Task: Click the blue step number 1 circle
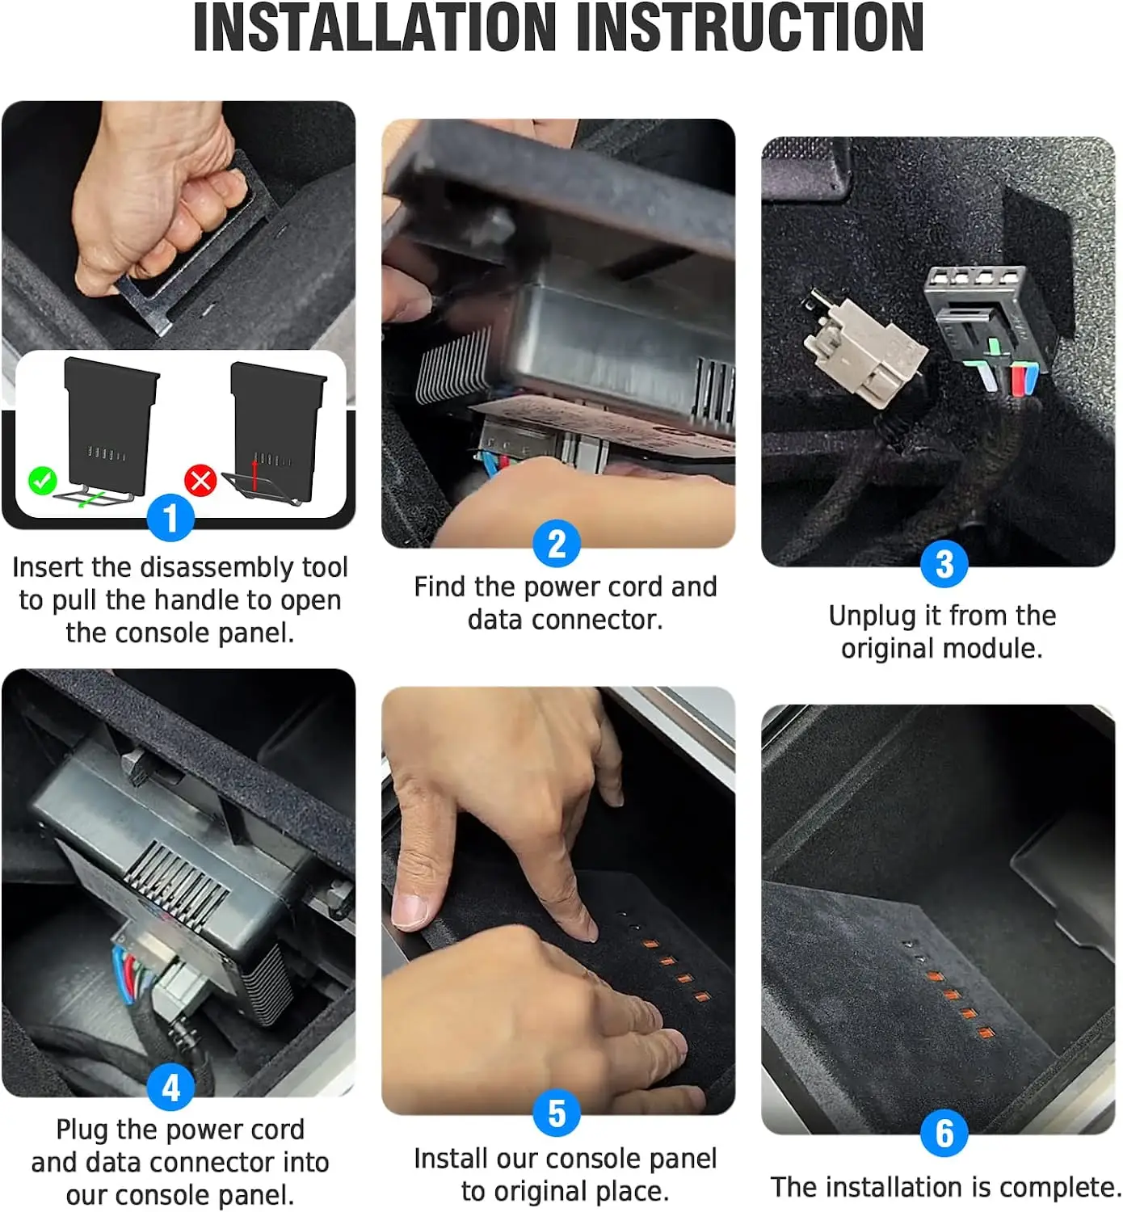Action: point(170,517)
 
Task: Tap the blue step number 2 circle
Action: point(557,543)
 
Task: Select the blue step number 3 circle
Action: point(944,563)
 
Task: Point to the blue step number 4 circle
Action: point(170,1087)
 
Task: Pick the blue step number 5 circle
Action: point(557,1113)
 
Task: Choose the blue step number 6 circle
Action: point(944,1133)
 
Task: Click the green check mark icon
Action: point(42,481)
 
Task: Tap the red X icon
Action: point(201,481)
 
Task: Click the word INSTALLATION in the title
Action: point(373,27)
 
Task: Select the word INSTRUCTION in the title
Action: point(750,27)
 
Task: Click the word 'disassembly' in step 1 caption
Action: point(217,568)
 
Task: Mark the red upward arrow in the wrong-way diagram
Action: point(254,475)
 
